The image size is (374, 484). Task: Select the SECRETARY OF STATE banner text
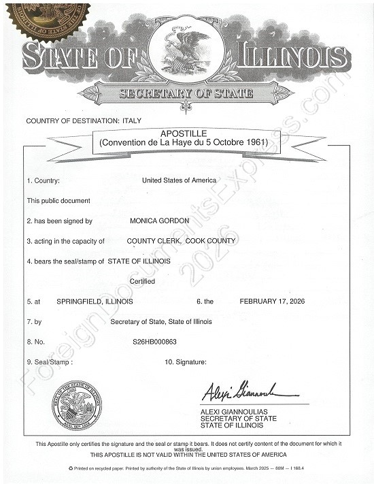186,93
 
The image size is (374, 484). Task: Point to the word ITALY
131,120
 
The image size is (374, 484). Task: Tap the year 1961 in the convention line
256,142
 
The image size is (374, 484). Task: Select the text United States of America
179,180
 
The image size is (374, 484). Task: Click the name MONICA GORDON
159,221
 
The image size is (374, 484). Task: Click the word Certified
142,281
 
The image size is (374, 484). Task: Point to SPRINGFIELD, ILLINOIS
95,301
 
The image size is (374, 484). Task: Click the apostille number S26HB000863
155,341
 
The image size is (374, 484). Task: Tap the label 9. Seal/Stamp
50,361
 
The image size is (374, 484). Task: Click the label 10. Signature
185,361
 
